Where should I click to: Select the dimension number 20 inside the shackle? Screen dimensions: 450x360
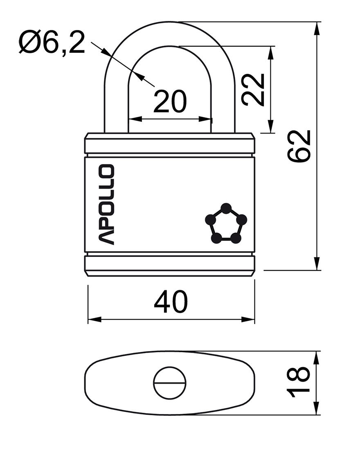point(170,101)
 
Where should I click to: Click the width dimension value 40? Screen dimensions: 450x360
point(171,302)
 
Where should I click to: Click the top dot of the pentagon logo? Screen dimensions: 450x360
point(226,208)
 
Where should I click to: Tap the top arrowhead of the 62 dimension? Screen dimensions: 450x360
point(317,28)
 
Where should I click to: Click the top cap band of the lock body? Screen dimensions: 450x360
point(170,144)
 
